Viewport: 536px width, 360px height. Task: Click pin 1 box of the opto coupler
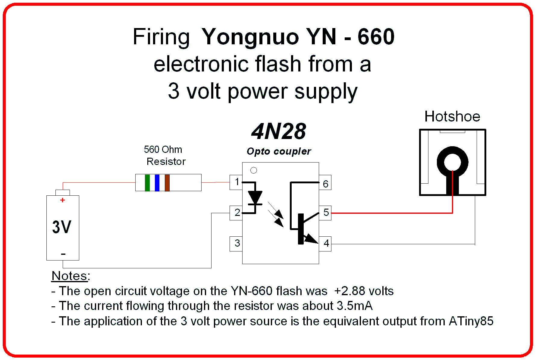click(x=236, y=182)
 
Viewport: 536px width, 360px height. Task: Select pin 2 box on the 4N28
click(x=236, y=213)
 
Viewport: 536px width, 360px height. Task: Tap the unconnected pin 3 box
click(x=236, y=244)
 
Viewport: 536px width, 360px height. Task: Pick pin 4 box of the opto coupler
click(x=325, y=244)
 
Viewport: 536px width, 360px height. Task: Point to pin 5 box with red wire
click(x=325, y=213)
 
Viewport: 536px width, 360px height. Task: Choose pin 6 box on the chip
click(x=325, y=183)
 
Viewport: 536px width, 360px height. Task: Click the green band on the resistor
click(x=147, y=183)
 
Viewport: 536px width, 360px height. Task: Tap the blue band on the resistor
click(x=157, y=183)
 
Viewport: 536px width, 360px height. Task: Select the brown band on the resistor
click(x=167, y=183)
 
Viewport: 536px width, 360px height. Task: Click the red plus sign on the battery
click(x=63, y=200)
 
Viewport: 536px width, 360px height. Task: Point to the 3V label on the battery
click(x=62, y=227)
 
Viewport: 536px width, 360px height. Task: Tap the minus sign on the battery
click(x=63, y=254)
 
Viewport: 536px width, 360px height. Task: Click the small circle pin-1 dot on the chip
click(x=254, y=170)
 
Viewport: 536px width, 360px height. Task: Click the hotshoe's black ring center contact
click(x=453, y=162)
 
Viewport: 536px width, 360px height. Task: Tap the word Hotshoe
click(x=452, y=117)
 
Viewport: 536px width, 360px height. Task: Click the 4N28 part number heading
click(x=279, y=132)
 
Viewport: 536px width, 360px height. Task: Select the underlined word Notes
click(x=70, y=276)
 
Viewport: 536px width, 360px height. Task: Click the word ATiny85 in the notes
click(x=471, y=321)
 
